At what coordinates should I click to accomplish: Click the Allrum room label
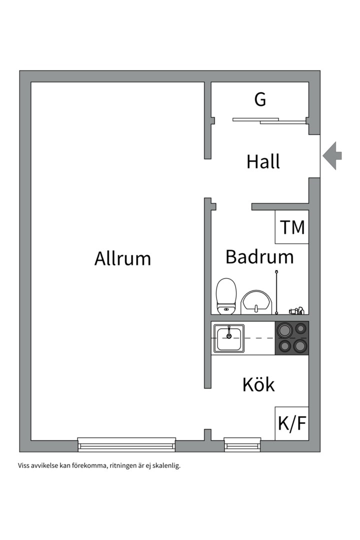pos(122,258)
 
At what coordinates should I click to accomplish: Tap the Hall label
pos(263,161)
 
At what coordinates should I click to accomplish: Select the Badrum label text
pos(259,256)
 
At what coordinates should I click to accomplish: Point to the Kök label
pos(258,384)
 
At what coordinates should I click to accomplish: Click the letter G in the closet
pos(260,99)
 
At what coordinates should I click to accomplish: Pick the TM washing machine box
pos(291,227)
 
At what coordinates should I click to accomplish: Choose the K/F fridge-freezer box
pos(291,423)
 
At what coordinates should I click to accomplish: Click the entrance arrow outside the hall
pos(332,156)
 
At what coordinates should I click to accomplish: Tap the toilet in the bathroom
pos(226,296)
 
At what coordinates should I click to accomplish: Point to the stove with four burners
pos(292,338)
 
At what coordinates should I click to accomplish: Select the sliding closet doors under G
pos(269,120)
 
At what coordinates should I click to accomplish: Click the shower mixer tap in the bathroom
pos(296,310)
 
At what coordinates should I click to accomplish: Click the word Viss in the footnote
pos(23,465)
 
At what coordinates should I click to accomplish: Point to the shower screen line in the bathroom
pos(276,292)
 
